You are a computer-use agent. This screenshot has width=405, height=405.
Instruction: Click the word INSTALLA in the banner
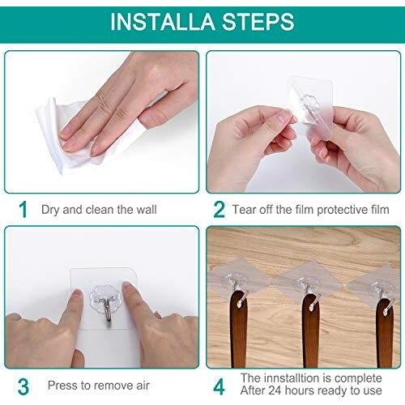tap(163, 22)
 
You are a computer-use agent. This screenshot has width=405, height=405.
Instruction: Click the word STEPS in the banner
tap(258, 22)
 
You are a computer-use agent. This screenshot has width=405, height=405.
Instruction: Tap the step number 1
tap(23, 210)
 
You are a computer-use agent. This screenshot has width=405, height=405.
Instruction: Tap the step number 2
tap(219, 210)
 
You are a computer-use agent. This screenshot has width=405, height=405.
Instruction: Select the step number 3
tap(23, 386)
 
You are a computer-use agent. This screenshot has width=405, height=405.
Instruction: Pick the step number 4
tap(219, 386)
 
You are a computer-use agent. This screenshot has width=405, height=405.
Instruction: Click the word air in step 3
tap(143, 386)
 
